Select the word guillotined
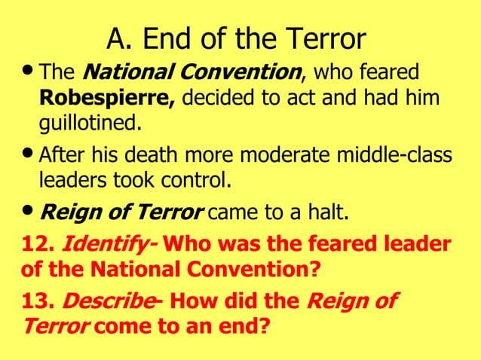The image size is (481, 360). pyautogui.click(x=90, y=122)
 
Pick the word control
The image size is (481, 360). pyautogui.click(x=191, y=181)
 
